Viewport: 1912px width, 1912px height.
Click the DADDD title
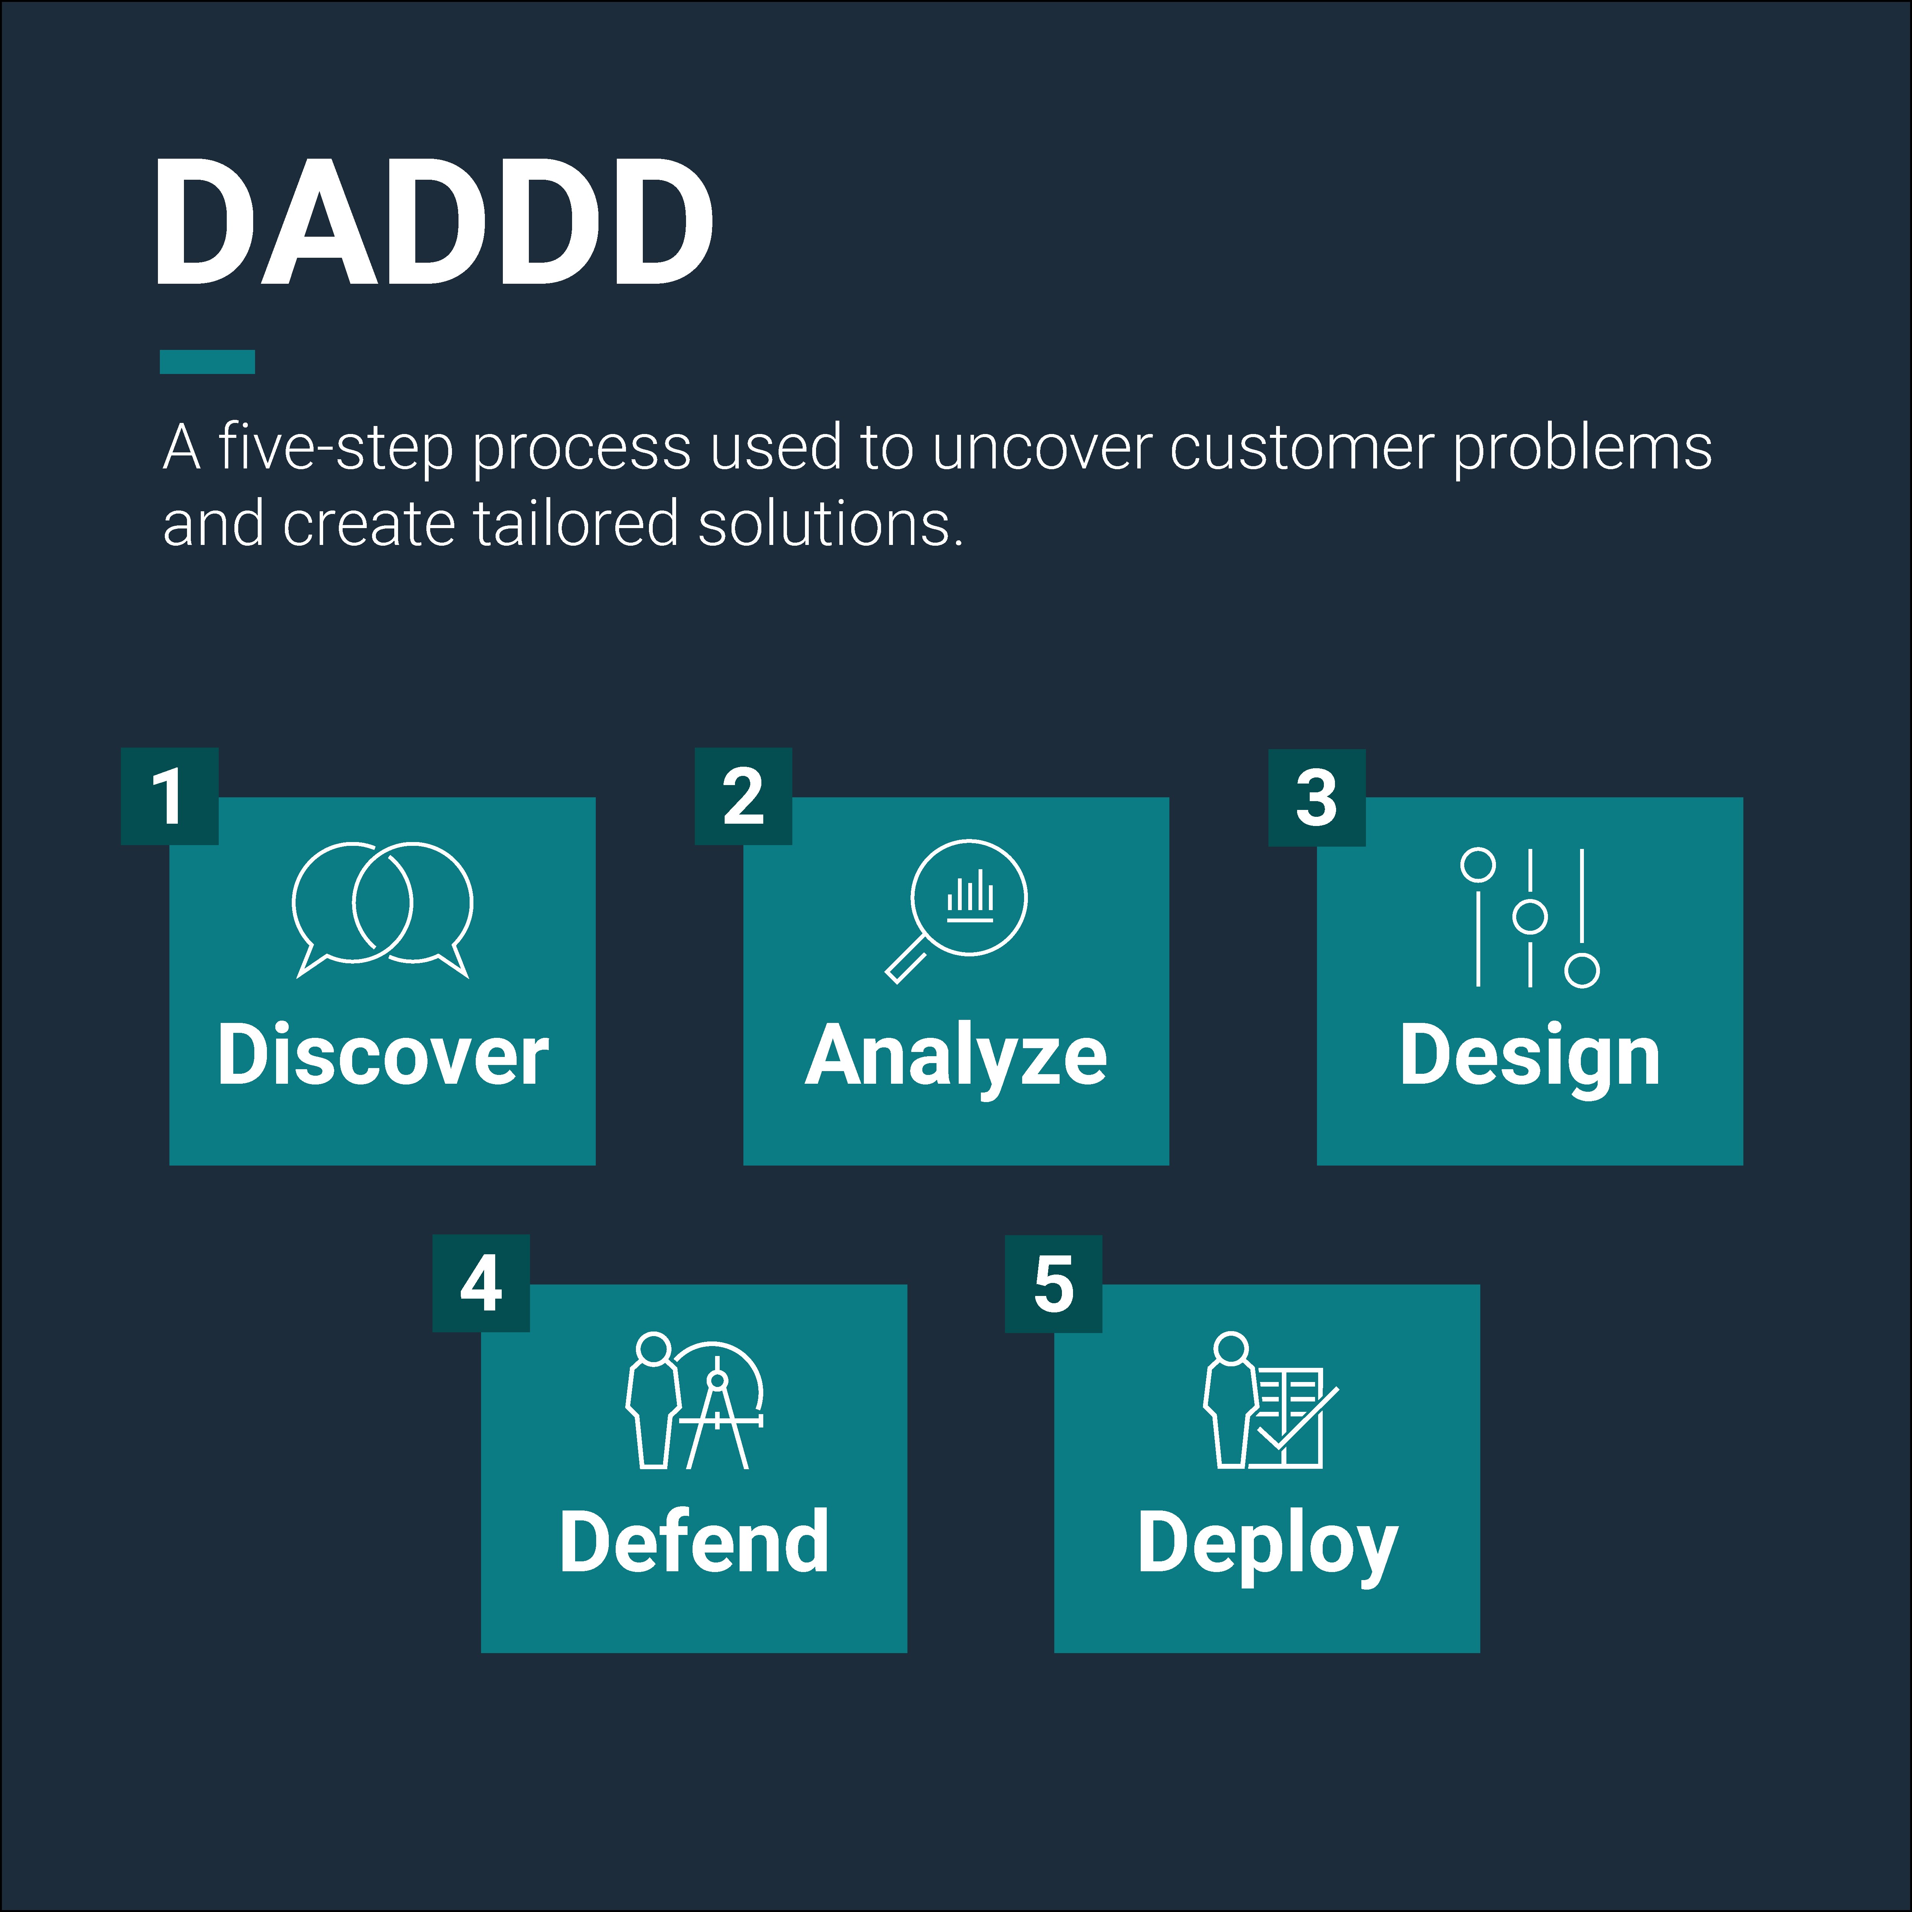[434, 222]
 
